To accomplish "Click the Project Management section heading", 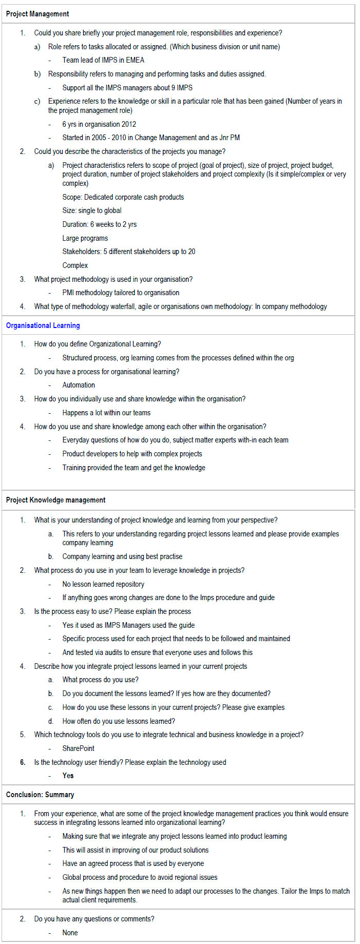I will (37, 14).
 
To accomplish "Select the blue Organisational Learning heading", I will (43, 325).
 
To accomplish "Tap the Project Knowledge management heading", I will (55, 500).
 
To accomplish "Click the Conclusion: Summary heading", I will (40, 795).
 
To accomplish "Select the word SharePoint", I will (79, 748).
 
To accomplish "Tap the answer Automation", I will (79, 385).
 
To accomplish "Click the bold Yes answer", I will (68, 776).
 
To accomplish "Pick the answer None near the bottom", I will (70, 933).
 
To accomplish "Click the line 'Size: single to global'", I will (92, 210).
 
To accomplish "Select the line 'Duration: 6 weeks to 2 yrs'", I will (100, 224).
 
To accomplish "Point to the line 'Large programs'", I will (85, 238).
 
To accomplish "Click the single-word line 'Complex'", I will (75, 265).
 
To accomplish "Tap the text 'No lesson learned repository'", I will (103, 584).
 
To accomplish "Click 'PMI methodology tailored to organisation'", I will (121, 293).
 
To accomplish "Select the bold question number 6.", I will (23, 762).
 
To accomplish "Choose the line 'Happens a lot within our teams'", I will (106, 413).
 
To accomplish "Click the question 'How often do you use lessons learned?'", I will (119, 721).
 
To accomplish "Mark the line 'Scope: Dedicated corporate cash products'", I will (123, 197).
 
